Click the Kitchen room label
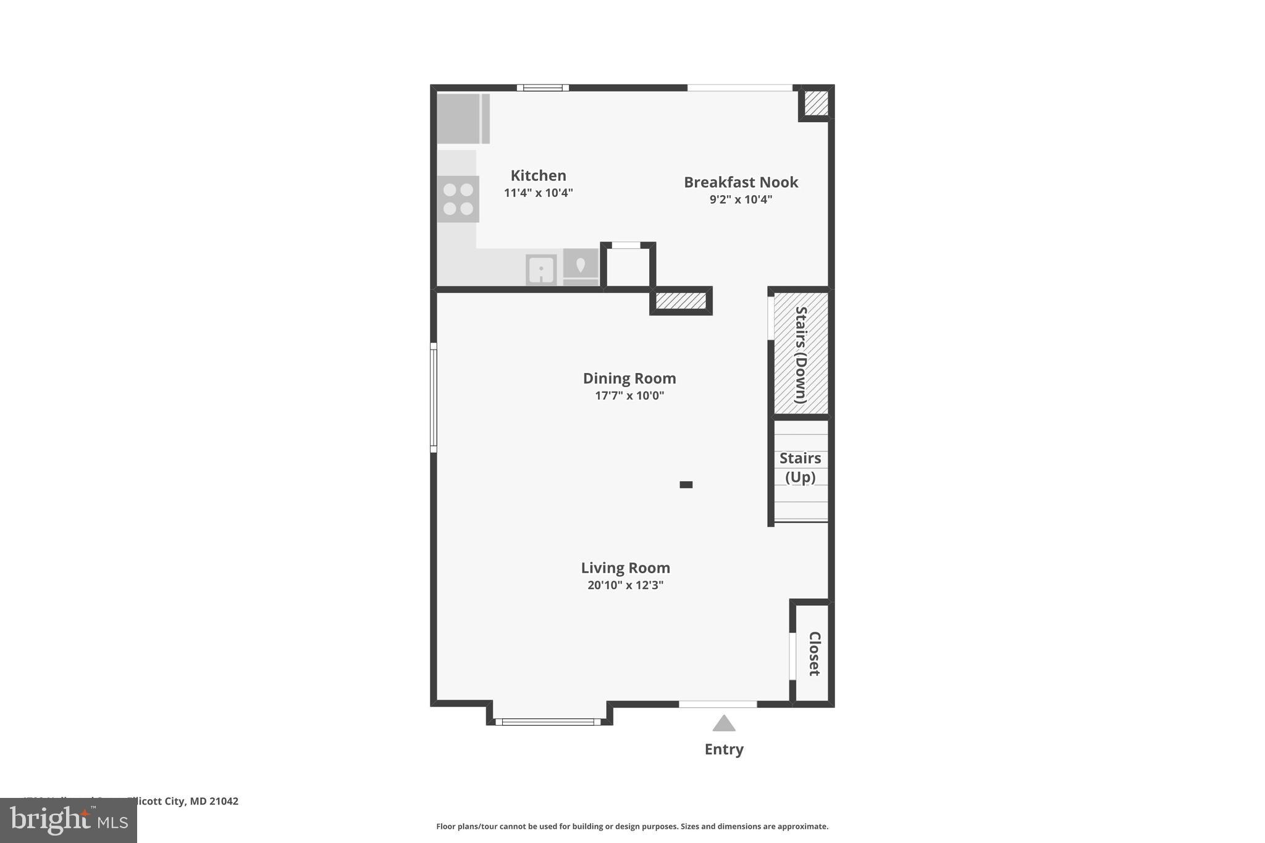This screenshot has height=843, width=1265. pyautogui.click(x=538, y=175)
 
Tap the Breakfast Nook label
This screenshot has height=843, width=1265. pyautogui.click(x=741, y=182)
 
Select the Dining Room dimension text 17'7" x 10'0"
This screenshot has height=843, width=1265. pyautogui.click(x=629, y=396)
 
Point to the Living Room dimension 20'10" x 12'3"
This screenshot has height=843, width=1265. pyautogui.click(x=625, y=585)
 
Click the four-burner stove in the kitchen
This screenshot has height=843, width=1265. pyautogui.click(x=458, y=199)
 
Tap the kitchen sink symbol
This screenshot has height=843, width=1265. pyautogui.click(x=541, y=270)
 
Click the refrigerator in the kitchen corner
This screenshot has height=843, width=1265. pyautogui.click(x=460, y=119)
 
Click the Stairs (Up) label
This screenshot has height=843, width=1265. pyautogui.click(x=800, y=468)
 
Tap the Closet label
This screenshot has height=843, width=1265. pyautogui.click(x=814, y=653)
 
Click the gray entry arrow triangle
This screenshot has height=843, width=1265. pyautogui.click(x=724, y=724)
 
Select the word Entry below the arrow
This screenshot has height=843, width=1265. pyautogui.click(x=724, y=749)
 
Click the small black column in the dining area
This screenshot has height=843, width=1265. pyautogui.click(x=686, y=485)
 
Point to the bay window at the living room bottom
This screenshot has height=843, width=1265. pyautogui.click(x=548, y=721)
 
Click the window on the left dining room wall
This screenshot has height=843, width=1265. pyautogui.click(x=434, y=398)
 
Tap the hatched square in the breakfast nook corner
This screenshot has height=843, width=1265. pyautogui.click(x=816, y=103)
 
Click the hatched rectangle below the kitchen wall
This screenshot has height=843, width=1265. pyautogui.click(x=681, y=301)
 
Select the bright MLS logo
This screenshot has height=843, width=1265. pyautogui.click(x=69, y=820)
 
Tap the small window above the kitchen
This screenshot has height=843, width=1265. pyautogui.click(x=542, y=88)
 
